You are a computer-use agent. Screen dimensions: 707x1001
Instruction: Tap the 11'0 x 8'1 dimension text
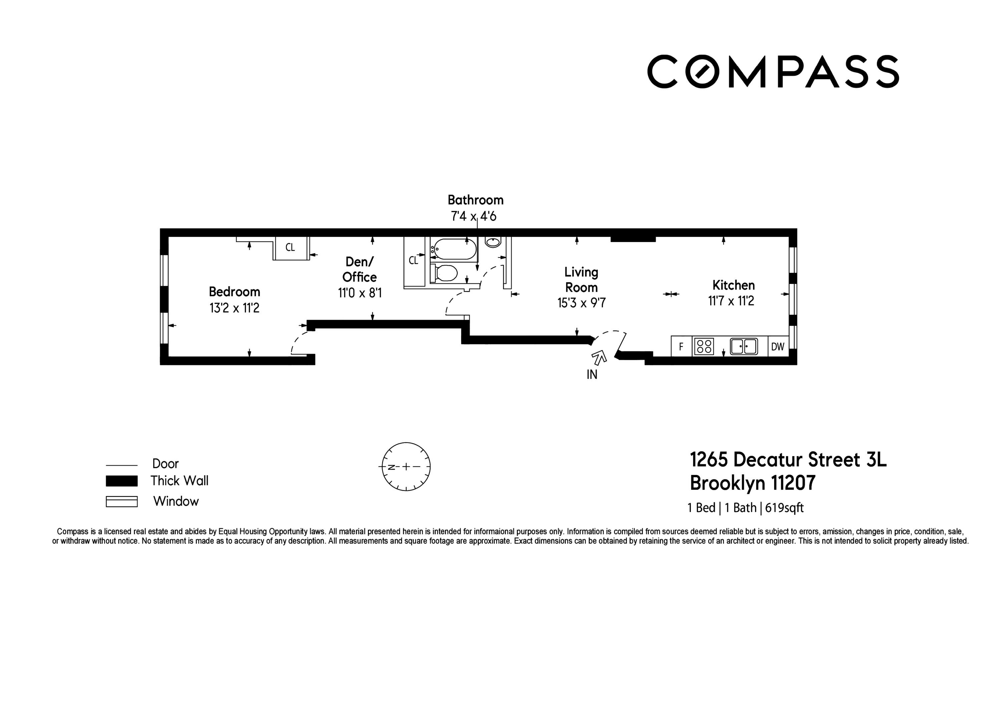click(x=360, y=293)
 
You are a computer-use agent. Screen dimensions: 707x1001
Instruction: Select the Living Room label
click(x=581, y=280)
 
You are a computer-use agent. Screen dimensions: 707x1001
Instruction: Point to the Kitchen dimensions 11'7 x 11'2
click(x=731, y=301)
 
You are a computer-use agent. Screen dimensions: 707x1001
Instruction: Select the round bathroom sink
click(x=493, y=242)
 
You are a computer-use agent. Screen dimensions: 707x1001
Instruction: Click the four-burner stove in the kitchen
click(x=704, y=347)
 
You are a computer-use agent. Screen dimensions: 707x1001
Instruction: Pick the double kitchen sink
click(x=744, y=347)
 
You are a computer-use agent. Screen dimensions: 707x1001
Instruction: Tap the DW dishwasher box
click(x=778, y=347)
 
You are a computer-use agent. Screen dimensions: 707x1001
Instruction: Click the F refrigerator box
click(x=681, y=347)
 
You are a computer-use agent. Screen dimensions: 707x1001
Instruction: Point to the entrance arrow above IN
click(x=599, y=358)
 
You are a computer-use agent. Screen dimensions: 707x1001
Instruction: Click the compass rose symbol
click(x=406, y=467)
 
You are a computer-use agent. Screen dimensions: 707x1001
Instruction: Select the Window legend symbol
click(x=122, y=501)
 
